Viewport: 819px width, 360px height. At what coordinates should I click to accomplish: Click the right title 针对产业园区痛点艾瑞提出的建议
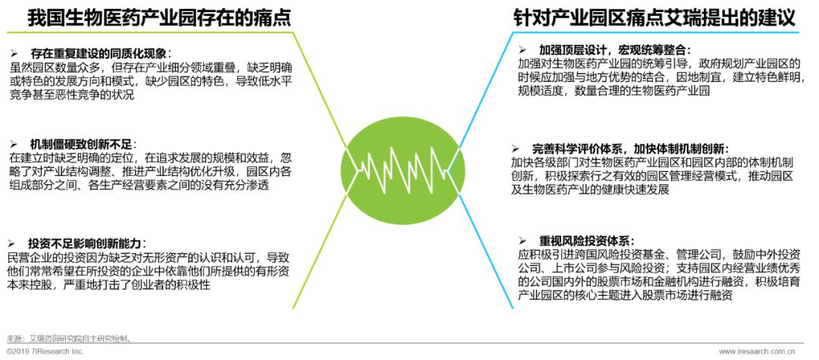coord(649,17)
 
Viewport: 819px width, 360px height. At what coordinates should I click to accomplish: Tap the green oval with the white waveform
coord(409,162)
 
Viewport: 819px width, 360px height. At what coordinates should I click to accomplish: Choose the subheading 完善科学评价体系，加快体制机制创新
coord(629,149)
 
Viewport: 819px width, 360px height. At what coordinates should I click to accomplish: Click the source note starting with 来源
coord(69,338)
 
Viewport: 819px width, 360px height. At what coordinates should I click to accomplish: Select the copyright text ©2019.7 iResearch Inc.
coord(45,352)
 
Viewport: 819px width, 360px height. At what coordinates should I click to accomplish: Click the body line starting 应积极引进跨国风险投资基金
coord(652,255)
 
